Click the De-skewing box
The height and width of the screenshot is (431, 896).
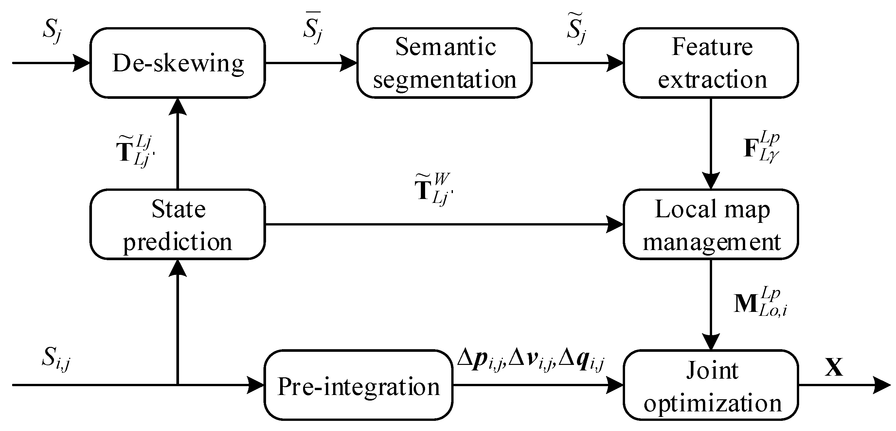tap(177, 63)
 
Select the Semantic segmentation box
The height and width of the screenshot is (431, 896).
tap(444, 63)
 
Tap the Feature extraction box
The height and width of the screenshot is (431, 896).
tap(710, 63)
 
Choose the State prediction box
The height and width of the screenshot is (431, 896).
tap(177, 224)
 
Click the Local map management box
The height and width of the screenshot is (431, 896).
tap(710, 224)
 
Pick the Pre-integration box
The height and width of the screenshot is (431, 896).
tap(358, 385)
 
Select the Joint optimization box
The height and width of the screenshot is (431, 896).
tap(710, 385)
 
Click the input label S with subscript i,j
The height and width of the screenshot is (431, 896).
tap(56, 358)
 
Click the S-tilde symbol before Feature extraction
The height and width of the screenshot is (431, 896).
tap(576, 28)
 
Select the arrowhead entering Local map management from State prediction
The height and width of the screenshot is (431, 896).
tap(615, 224)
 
